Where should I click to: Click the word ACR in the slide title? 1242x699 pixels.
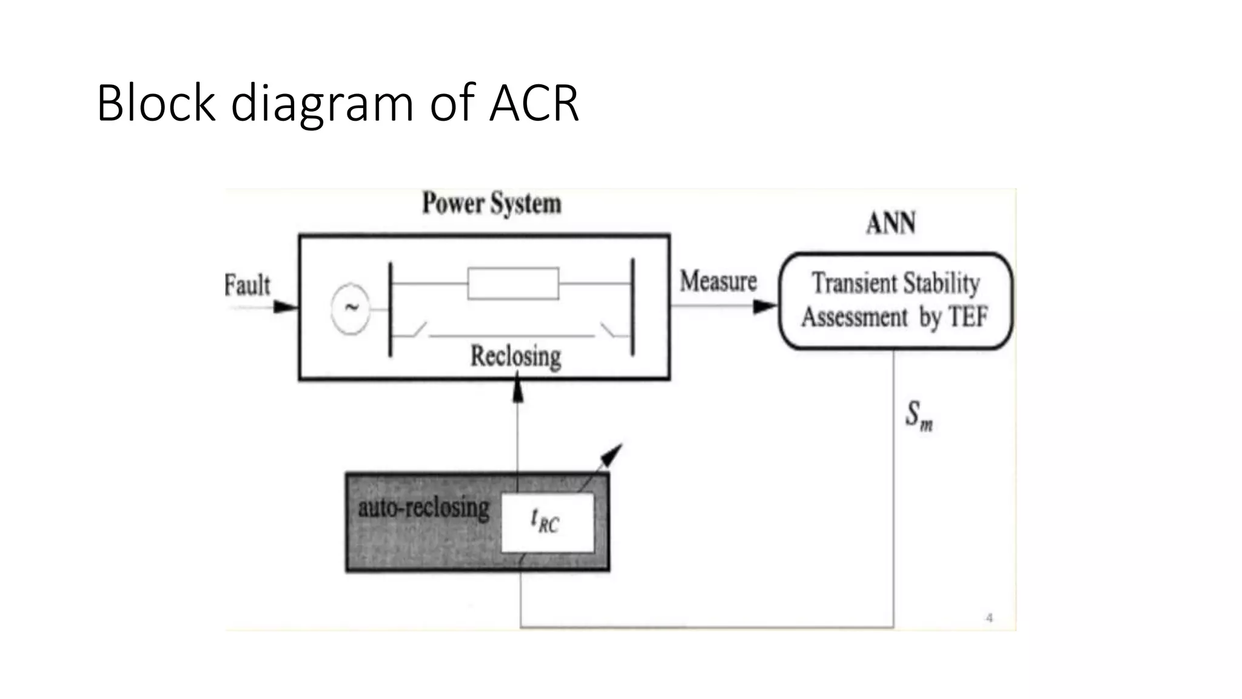click(534, 103)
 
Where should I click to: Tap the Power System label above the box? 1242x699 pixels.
click(491, 203)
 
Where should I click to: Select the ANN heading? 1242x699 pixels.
click(890, 223)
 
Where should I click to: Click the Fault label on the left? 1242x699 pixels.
click(247, 285)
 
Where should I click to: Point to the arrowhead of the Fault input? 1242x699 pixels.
click(287, 307)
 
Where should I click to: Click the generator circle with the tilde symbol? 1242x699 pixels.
click(351, 308)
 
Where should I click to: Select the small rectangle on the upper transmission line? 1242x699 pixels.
click(513, 283)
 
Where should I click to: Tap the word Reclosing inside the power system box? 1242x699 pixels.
click(515, 356)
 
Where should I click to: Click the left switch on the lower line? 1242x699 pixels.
click(417, 330)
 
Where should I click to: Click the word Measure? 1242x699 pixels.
click(718, 282)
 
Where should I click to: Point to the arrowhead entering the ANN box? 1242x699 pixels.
click(765, 306)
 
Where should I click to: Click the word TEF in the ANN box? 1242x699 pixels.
click(968, 317)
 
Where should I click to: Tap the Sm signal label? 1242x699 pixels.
click(919, 416)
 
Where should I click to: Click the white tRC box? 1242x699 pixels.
click(547, 522)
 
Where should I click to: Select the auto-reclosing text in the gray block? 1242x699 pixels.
click(423, 507)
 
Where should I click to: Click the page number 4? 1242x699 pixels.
click(989, 618)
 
